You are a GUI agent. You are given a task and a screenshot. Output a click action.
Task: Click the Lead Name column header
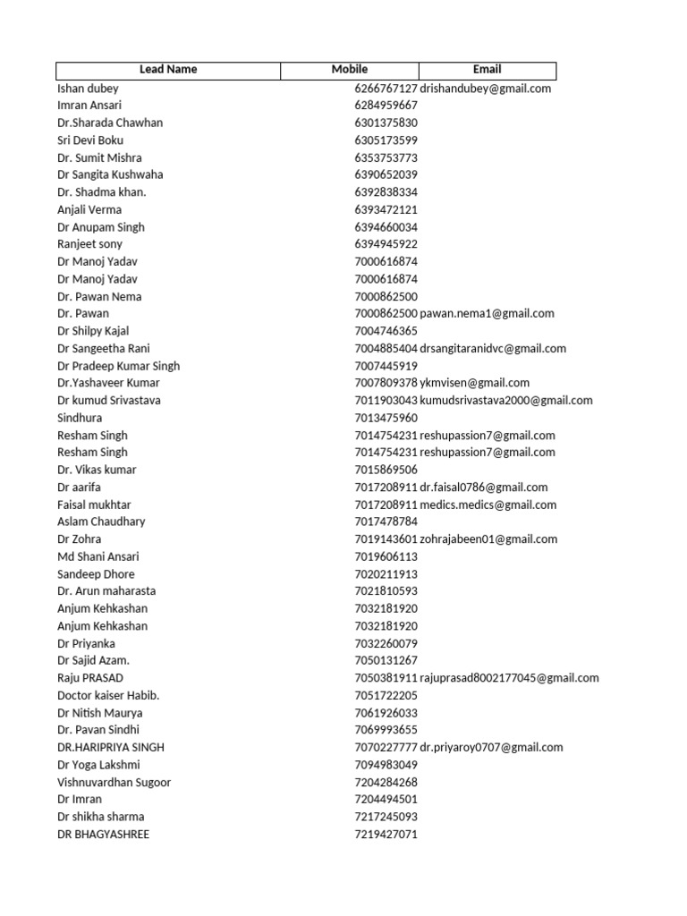pyautogui.click(x=168, y=70)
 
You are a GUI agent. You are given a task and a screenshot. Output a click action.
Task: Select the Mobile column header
pyautogui.click(x=350, y=70)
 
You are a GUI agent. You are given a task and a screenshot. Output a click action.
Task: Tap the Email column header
pyautogui.click(x=488, y=70)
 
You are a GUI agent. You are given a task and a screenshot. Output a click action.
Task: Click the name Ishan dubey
pyautogui.click(x=88, y=89)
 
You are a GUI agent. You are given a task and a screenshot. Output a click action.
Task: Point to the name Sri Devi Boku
pyautogui.click(x=90, y=140)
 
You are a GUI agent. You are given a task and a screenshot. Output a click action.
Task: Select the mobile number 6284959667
pyautogui.click(x=386, y=106)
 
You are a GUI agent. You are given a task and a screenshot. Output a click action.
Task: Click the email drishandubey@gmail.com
pyautogui.click(x=486, y=89)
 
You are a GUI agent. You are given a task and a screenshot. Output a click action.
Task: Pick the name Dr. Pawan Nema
pyautogui.click(x=99, y=296)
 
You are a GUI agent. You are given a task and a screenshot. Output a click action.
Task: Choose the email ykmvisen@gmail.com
pyautogui.click(x=475, y=383)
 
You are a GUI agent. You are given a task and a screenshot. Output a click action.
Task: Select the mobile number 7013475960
pyautogui.click(x=386, y=418)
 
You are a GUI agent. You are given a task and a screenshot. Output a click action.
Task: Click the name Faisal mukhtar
pyautogui.click(x=94, y=505)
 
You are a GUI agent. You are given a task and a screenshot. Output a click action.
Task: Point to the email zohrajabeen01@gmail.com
pyautogui.click(x=488, y=539)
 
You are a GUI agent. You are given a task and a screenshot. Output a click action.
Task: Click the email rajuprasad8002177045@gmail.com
pyautogui.click(x=510, y=678)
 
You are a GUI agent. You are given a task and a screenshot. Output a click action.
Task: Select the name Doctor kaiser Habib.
pyautogui.click(x=108, y=695)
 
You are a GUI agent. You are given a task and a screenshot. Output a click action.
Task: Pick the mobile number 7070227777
pyautogui.click(x=386, y=748)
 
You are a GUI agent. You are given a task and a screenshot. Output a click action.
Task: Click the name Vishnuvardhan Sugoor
pyautogui.click(x=114, y=782)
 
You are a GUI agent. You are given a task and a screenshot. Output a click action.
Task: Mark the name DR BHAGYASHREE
pyautogui.click(x=103, y=834)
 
